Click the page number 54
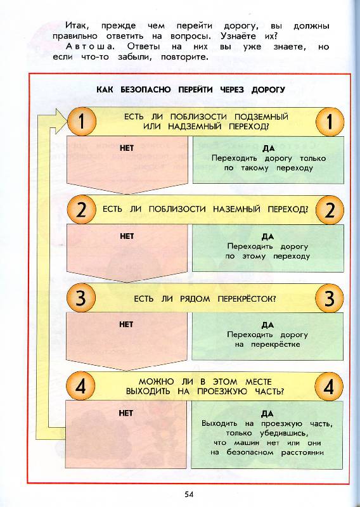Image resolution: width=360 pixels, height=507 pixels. tap(189, 494)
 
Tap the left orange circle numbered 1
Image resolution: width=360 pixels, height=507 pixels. tap(82, 121)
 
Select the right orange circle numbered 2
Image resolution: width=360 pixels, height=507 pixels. tap(330, 210)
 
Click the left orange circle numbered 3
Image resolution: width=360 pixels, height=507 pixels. tap(81, 298)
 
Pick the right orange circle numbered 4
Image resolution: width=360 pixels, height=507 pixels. tap(329, 387)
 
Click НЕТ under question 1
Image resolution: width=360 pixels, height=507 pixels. tap(127, 148)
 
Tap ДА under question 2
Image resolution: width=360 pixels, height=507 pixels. tap(267, 236)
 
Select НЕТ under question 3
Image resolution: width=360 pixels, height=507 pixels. tap(126, 324)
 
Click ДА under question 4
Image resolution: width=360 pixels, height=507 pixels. tap(267, 414)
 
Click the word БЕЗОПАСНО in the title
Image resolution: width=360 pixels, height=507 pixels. tap(146, 89)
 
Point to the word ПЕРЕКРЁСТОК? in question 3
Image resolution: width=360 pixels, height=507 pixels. tap(247, 298)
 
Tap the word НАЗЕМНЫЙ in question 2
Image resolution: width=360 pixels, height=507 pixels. tap(236, 209)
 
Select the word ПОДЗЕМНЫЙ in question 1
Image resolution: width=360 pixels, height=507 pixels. tap(261, 117)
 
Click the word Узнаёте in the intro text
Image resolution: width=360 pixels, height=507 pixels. tap(238, 36)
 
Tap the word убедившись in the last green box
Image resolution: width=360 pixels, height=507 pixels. tap(284, 433)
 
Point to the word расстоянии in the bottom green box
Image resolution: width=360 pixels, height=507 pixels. tap(302, 452)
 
